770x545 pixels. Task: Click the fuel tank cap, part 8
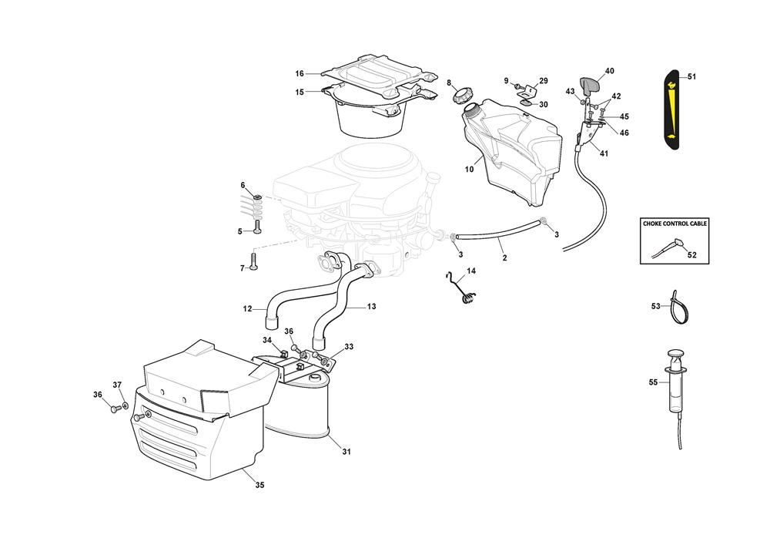tap(463, 96)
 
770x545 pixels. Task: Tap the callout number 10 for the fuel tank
tap(469, 169)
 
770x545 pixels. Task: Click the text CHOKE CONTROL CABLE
tap(675, 224)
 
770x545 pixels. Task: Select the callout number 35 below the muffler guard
tap(259, 486)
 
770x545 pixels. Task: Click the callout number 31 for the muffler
tap(346, 452)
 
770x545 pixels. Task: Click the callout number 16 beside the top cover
tap(300, 74)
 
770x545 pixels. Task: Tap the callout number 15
tap(300, 92)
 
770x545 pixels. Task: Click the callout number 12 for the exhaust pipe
tap(248, 309)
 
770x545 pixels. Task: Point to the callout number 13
tap(371, 307)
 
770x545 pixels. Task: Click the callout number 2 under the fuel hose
tap(504, 258)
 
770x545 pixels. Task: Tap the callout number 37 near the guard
tap(117, 385)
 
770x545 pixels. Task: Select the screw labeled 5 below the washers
tap(257, 230)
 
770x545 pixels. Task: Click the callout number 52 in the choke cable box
tap(691, 255)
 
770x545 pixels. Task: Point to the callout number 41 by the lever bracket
tap(604, 153)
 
